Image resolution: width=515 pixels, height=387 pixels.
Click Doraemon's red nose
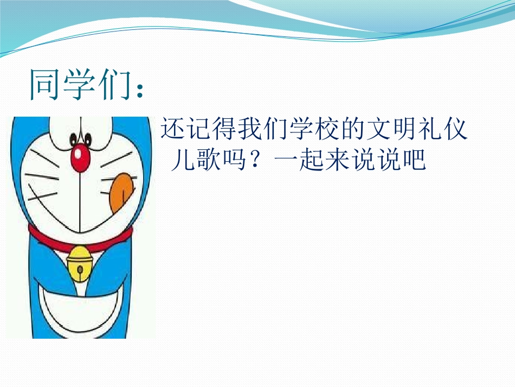click(81, 156)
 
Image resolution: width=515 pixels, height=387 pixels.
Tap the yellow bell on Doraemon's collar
click(80, 262)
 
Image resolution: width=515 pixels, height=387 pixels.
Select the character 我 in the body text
click(250, 131)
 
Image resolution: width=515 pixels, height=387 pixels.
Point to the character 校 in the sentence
click(327, 131)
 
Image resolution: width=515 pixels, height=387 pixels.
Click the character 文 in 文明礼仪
click(378, 131)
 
